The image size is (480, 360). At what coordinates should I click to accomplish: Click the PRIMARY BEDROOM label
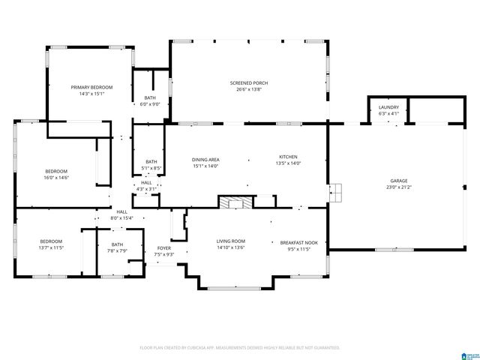86,88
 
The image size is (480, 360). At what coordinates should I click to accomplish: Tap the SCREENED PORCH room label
249,82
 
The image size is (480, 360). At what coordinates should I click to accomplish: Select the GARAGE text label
398,181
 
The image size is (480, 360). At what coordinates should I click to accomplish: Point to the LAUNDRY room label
388,107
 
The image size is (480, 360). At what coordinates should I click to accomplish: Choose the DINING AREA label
205,160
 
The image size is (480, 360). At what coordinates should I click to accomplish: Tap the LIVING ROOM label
231,241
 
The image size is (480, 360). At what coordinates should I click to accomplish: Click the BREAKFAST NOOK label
298,242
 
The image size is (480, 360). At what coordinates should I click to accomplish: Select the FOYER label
163,248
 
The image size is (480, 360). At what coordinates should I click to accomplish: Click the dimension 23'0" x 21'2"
398,187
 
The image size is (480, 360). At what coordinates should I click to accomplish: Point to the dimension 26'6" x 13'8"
249,88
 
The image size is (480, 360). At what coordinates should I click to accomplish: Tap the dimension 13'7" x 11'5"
51,247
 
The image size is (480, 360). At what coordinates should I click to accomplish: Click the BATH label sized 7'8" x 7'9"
117,244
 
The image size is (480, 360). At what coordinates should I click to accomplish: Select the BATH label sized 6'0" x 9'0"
151,97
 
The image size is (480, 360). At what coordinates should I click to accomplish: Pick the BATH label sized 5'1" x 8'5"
151,161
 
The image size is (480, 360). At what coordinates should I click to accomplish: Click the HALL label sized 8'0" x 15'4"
121,212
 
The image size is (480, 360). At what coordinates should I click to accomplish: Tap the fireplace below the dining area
235,202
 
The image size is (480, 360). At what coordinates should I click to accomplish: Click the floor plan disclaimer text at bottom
240,348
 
